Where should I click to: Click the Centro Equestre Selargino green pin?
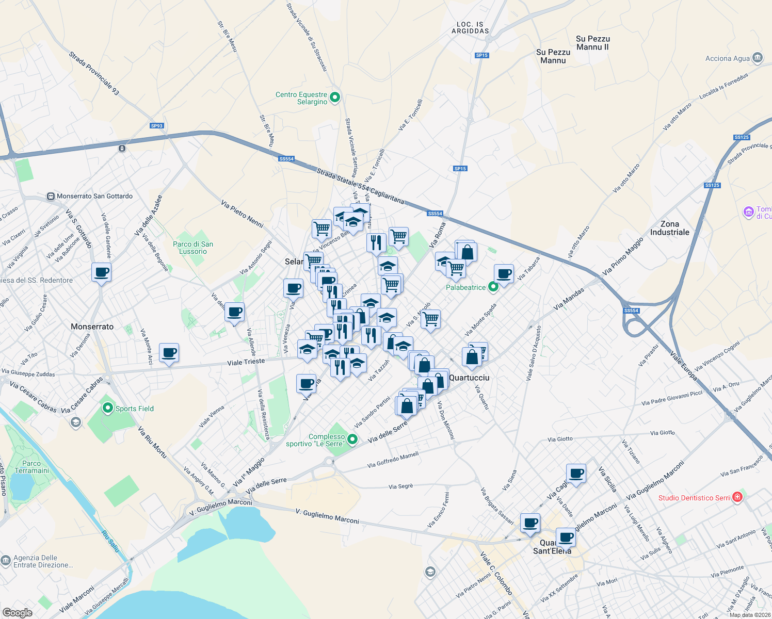pyautogui.click(x=335, y=96)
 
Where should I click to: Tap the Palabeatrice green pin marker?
pyautogui.click(x=493, y=287)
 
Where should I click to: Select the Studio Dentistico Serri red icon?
pyautogui.click(x=737, y=497)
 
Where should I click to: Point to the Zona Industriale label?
pyautogui.click(x=669, y=228)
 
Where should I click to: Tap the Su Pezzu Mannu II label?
pyautogui.click(x=592, y=43)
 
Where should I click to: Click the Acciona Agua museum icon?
pyautogui.click(x=758, y=57)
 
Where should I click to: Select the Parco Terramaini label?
pyautogui.click(x=31, y=467)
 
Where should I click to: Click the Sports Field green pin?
pyautogui.click(x=108, y=408)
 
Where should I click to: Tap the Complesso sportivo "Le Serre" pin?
pyautogui.click(x=352, y=439)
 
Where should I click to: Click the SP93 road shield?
pyautogui.click(x=157, y=126)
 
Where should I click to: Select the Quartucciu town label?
pyautogui.click(x=469, y=378)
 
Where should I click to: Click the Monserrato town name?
pyautogui.click(x=92, y=327)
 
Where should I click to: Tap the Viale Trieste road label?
pyautogui.click(x=246, y=362)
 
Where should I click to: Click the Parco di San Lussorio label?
pyautogui.click(x=193, y=248)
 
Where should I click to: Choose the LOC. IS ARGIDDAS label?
pyautogui.click(x=470, y=28)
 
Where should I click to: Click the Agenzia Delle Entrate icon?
pyautogui.click(x=6, y=560)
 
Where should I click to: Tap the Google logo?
pyautogui.click(x=17, y=612)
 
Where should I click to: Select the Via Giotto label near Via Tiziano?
pyautogui.click(x=662, y=433)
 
